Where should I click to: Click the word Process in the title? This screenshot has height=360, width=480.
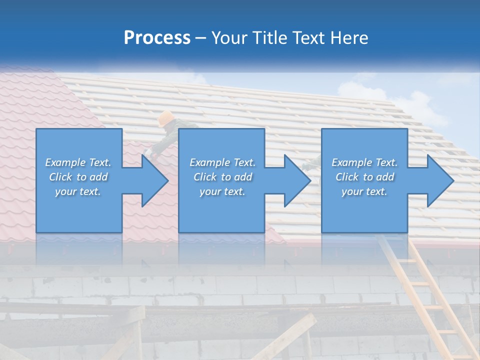[x=157, y=38]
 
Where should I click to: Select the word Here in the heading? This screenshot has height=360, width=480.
[x=349, y=38]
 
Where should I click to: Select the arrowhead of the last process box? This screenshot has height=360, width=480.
[x=439, y=180]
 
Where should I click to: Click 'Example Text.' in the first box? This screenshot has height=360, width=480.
[x=78, y=162]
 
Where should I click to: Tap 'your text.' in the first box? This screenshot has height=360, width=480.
[x=78, y=191]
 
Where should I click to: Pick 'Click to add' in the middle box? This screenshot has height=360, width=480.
[x=222, y=177]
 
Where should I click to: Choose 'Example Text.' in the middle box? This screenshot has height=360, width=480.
[x=222, y=162]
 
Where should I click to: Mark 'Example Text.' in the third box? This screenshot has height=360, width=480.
[x=364, y=162]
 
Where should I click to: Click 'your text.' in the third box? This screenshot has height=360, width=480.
[x=364, y=191]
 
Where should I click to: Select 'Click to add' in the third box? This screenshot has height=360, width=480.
[x=364, y=177]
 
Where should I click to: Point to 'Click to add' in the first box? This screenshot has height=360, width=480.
[x=78, y=177]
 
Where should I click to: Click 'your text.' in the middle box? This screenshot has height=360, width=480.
[x=222, y=191]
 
